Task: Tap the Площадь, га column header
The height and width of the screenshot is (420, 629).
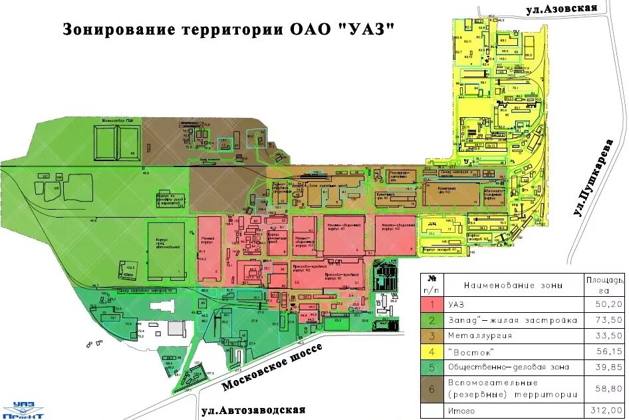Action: [x=604, y=284]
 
